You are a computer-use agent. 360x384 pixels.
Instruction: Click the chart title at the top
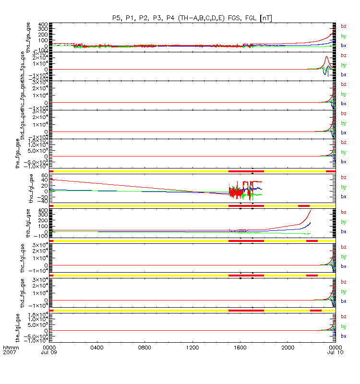(x=192, y=18)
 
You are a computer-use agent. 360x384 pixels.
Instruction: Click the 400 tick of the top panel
(x=43, y=24)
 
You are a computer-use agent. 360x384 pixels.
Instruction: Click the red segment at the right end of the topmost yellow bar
(x=330, y=171)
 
